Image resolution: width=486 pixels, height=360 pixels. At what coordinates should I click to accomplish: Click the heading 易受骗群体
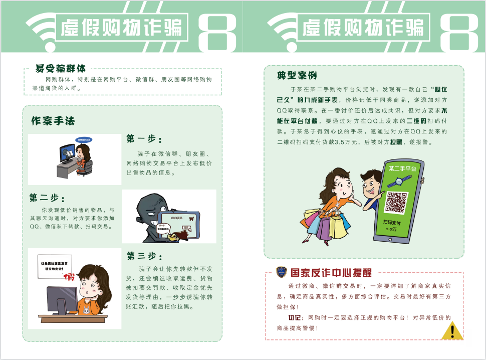pos(60,68)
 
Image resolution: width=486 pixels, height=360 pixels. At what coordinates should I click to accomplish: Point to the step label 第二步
pos(47,198)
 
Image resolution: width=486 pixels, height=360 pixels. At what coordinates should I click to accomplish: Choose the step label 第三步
pos(144,256)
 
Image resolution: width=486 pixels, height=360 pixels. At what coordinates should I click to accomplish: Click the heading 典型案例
pos(297,76)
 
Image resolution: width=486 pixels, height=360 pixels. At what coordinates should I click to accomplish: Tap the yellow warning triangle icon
pos(452,331)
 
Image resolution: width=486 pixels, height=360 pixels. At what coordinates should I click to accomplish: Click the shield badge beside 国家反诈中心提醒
pos(281,272)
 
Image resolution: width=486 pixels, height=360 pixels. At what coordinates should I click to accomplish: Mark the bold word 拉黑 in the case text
pos(396,142)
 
